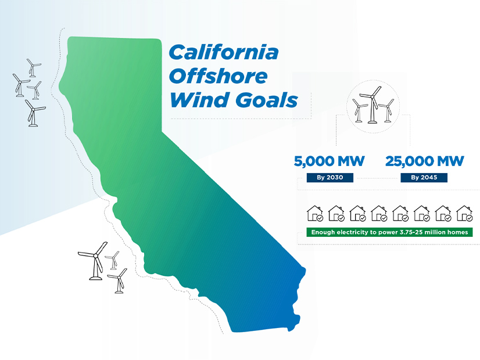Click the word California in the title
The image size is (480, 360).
click(224, 52)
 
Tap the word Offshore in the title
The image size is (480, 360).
click(218, 76)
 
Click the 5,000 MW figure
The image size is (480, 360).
click(329, 161)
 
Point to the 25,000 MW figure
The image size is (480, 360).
click(425, 161)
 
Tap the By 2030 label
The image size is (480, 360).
click(330, 178)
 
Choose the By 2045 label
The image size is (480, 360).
click(424, 178)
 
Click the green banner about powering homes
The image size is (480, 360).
click(389, 232)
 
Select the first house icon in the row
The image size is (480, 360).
click(315, 214)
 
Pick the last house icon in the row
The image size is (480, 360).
click(464, 214)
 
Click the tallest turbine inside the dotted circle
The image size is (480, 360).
click(372, 105)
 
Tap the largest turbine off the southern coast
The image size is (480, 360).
click(95, 261)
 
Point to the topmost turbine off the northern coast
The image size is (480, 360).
click(33, 68)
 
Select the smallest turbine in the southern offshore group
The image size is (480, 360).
click(113, 260)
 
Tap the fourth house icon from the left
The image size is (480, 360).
click(379, 214)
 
